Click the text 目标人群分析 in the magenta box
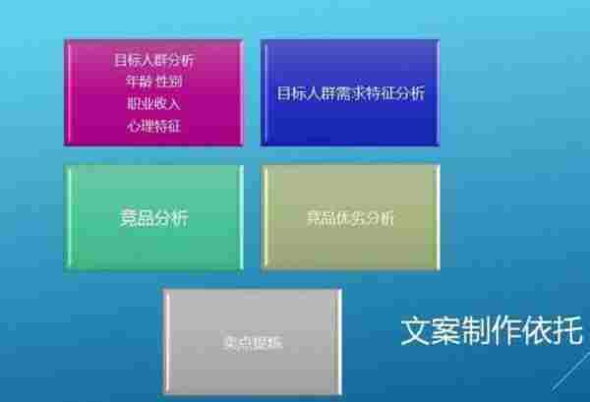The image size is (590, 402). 153,60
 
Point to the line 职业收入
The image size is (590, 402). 153,103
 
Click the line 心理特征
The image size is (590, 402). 153,125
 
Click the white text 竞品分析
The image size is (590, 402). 153,218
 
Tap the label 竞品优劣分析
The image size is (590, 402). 350,218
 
